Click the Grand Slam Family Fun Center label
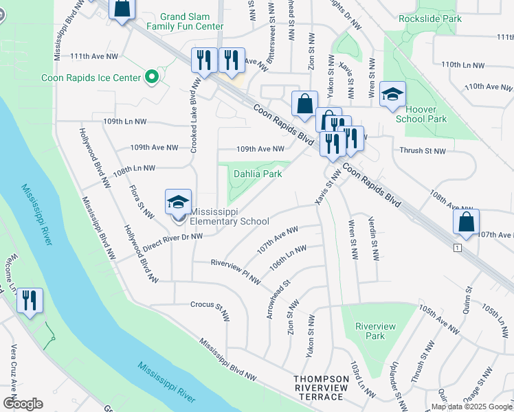pos(185,21)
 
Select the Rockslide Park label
pos(430,19)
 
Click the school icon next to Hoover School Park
pos(392,95)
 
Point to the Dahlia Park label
pos(259,174)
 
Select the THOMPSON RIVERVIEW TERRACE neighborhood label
pos(318,388)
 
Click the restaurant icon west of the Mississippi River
pos(30,301)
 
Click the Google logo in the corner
pos(23,404)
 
